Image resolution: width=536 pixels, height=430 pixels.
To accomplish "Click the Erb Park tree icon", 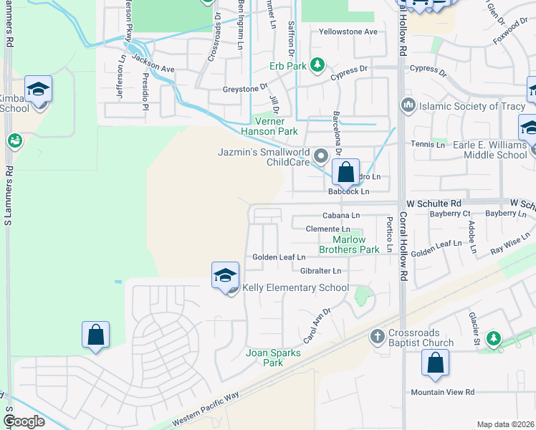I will click(x=317, y=66).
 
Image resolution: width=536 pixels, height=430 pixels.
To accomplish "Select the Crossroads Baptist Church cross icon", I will click(x=378, y=335).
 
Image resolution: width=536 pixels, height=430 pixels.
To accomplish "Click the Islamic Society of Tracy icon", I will click(x=408, y=105).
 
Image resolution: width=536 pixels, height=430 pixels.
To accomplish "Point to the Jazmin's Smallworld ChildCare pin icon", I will click(x=321, y=155).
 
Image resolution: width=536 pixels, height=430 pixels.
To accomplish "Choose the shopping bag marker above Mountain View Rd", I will click(x=435, y=363).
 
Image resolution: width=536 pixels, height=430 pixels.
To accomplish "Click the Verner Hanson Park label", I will click(x=268, y=127).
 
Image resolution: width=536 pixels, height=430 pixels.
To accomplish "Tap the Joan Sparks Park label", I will click(x=264, y=358).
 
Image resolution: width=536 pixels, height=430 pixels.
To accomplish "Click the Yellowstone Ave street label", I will click(x=348, y=32).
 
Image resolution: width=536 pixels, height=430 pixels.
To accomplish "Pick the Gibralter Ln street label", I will click(x=320, y=271).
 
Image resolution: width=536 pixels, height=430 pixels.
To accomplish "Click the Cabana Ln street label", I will click(x=340, y=215).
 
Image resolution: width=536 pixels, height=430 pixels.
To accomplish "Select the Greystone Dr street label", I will click(x=244, y=87).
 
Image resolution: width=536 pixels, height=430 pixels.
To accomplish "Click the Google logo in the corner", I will click(x=24, y=421).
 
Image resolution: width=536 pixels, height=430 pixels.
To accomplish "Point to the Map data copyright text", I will click(x=505, y=424).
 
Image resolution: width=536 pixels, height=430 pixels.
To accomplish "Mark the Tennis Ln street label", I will click(x=429, y=144).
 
